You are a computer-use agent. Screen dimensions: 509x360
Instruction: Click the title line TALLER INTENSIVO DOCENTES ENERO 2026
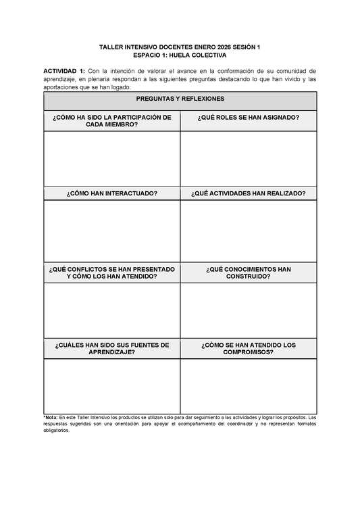pyautogui.click(x=180, y=47)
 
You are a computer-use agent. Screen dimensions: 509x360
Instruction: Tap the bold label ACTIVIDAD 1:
pyautogui.click(x=64, y=70)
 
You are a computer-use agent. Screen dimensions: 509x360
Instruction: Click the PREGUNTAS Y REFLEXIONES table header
pyautogui.click(x=180, y=99)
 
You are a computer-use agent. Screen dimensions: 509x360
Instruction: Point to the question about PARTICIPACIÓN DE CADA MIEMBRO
pyautogui.click(x=112, y=120)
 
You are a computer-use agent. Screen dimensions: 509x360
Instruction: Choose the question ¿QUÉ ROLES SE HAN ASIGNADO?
pyautogui.click(x=249, y=117)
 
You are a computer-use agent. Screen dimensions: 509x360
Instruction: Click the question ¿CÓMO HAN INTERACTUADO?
pyautogui.click(x=112, y=193)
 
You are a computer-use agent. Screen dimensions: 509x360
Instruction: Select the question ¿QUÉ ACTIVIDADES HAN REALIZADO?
pyautogui.click(x=249, y=193)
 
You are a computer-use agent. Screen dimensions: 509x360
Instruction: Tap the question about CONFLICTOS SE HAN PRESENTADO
pyautogui.click(x=112, y=272)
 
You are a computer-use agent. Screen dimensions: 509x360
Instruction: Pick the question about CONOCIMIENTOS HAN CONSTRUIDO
pyautogui.click(x=249, y=272)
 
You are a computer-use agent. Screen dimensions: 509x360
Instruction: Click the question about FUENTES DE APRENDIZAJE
pyautogui.click(x=112, y=349)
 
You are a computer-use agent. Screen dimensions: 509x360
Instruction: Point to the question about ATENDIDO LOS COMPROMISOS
pyautogui.click(x=249, y=349)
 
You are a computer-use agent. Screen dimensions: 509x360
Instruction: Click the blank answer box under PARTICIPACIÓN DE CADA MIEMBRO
pyautogui.click(x=112, y=158)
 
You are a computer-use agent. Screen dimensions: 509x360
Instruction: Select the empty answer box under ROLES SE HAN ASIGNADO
pyautogui.click(x=249, y=158)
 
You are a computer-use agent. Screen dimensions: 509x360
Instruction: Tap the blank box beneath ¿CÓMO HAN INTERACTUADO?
pyautogui.click(x=112, y=231)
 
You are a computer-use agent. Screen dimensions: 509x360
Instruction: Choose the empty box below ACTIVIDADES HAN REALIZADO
pyautogui.click(x=249, y=231)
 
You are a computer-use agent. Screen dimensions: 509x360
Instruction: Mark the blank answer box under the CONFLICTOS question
pyautogui.click(x=112, y=310)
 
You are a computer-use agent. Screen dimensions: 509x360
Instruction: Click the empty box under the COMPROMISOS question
pyautogui.click(x=249, y=386)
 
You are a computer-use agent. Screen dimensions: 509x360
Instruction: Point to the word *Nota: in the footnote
pyautogui.click(x=51, y=418)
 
